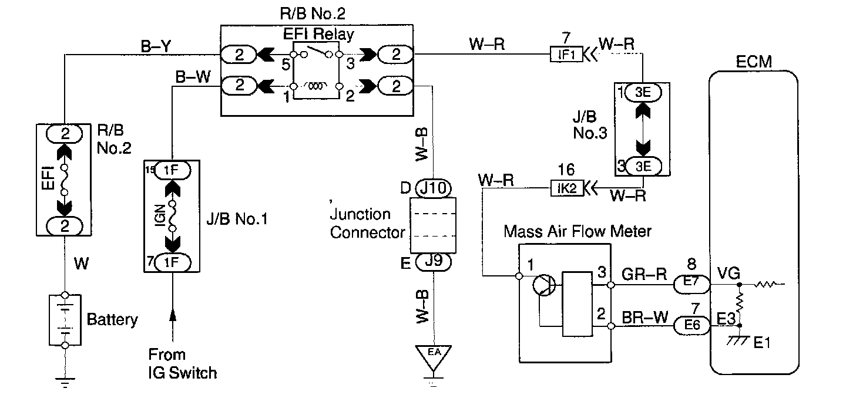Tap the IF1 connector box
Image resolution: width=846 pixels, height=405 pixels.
pyautogui.click(x=566, y=55)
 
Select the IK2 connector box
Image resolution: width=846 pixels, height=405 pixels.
pyautogui.click(x=567, y=188)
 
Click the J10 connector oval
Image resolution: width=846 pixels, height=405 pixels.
pyautogui.click(x=433, y=188)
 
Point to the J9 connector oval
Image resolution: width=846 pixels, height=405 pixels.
pyautogui.click(x=433, y=262)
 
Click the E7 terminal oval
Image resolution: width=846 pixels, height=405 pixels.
pyautogui.click(x=691, y=284)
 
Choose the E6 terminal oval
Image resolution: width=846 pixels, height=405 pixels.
pyautogui.click(x=691, y=325)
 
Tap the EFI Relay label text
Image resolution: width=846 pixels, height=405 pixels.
pyautogui.click(x=318, y=35)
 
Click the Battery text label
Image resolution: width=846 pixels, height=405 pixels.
pyautogui.click(x=112, y=320)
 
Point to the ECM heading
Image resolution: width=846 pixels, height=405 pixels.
pyautogui.click(x=754, y=62)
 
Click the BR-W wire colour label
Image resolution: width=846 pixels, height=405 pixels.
pyautogui.click(x=644, y=318)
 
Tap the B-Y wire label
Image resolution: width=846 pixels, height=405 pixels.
pyautogui.click(x=156, y=46)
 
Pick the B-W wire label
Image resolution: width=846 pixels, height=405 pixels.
pyautogui.click(x=193, y=77)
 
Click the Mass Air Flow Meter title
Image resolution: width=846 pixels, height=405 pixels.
pyautogui.click(x=578, y=231)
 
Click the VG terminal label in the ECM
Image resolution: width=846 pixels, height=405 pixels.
pyautogui.click(x=728, y=273)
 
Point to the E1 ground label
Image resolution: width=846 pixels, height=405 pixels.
pyautogui.click(x=761, y=343)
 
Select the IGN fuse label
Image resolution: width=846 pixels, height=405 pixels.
pyautogui.click(x=160, y=215)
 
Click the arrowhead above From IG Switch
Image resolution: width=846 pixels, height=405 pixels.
pyautogui.click(x=173, y=315)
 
